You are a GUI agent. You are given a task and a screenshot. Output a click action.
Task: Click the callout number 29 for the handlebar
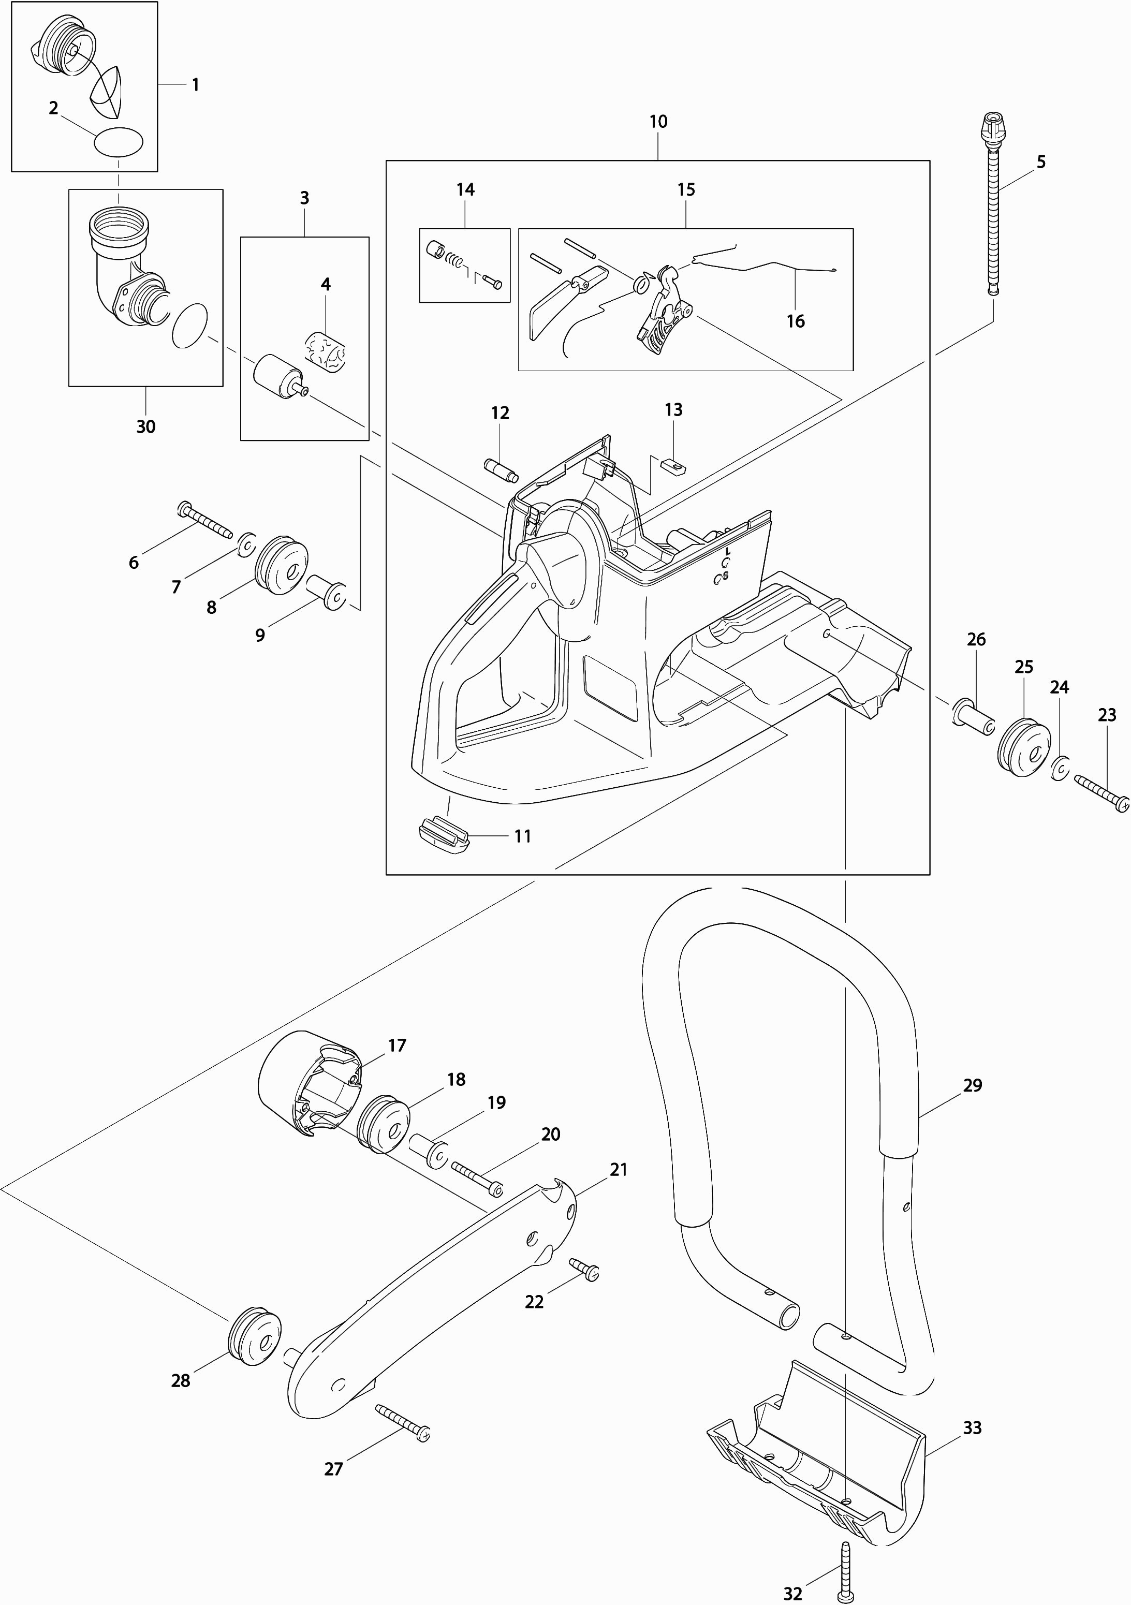(972, 1085)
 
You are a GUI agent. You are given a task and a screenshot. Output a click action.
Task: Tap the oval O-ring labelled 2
(119, 143)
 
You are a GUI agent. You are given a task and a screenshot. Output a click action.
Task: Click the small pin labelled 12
(501, 468)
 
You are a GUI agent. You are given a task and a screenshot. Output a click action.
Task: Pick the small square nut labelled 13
(673, 463)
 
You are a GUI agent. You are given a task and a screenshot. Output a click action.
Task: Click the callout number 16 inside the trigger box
(796, 321)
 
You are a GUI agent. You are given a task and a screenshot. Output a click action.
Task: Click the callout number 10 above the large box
(658, 122)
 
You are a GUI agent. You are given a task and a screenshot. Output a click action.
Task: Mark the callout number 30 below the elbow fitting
(145, 426)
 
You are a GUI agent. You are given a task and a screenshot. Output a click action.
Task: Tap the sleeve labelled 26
(972, 718)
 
